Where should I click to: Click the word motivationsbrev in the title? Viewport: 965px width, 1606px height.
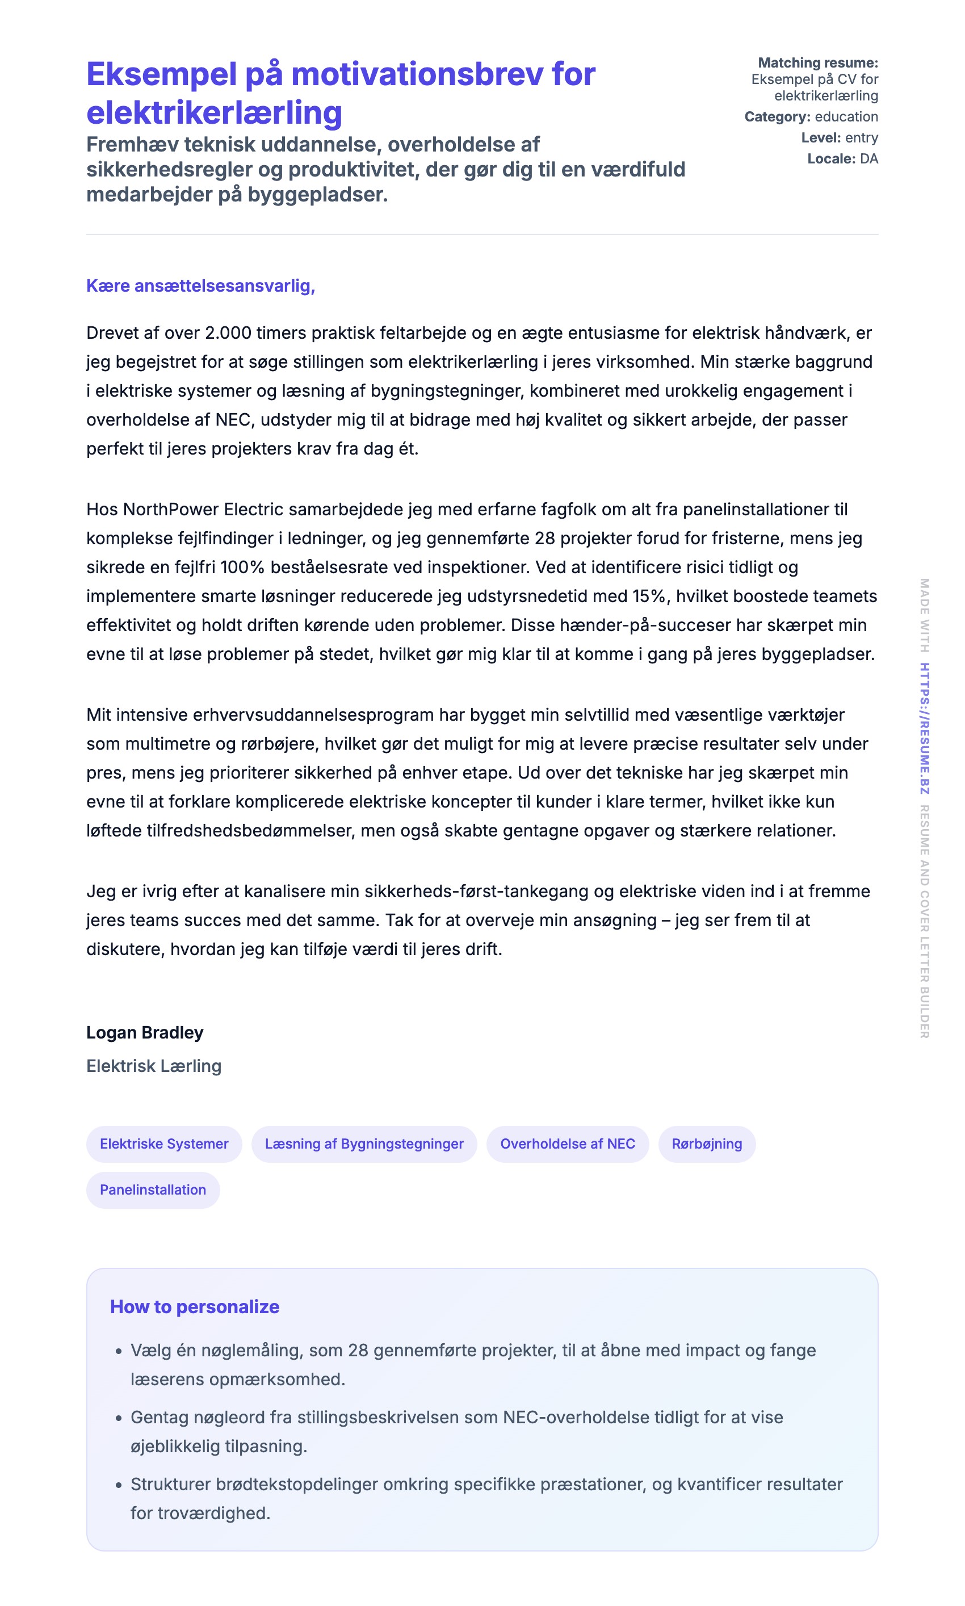pyautogui.click(x=417, y=74)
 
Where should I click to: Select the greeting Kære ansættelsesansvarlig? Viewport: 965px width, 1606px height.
pyautogui.click(x=200, y=285)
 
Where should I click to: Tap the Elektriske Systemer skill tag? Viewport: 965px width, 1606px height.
pyautogui.click(x=164, y=1143)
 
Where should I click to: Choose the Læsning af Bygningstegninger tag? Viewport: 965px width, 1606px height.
pyautogui.click(x=364, y=1143)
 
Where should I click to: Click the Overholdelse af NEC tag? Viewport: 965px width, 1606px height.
pyautogui.click(x=567, y=1143)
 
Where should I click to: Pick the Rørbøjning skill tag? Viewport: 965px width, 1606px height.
pyautogui.click(x=706, y=1143)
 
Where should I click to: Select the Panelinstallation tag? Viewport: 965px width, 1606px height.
pyautogui.click(x=153, y=1189)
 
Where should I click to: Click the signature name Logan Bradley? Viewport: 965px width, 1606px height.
pyautogui.click(x=144, y=1032)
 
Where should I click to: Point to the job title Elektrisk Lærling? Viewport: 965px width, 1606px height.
pyautogui.click(x=153, y=1066)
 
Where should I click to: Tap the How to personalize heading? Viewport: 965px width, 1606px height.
pyautogui.click(x=195, y=1306)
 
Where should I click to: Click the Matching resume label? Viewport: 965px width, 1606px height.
pyautogui.click(x=817, y=62)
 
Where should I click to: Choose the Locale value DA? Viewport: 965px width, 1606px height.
pyautogui.click(x=868, y=158)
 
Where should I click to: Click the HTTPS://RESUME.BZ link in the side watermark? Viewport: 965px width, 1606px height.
pyautogui.click(x=924, y=728)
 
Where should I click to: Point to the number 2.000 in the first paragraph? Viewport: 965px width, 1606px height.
pyautogui.click(x=228, y=333)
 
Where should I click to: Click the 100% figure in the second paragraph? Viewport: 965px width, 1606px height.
pyautogui.click(x=242, y=567)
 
